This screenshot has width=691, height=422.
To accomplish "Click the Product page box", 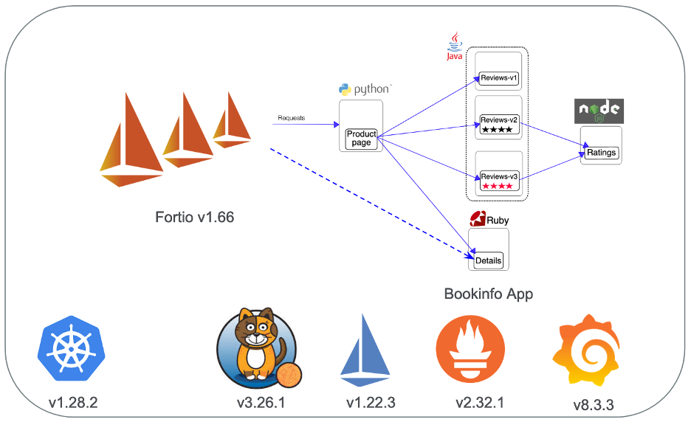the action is [x=361, y=138].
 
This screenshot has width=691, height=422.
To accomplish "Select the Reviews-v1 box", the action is [x=498, y=78].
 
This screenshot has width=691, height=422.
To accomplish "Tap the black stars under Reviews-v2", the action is [x=497, y=130].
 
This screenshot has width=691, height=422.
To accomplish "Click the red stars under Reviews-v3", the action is [x=498, y=186].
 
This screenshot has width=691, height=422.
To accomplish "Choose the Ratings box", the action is [x=601, y=153].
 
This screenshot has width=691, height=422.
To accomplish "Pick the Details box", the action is [x=488, y=260].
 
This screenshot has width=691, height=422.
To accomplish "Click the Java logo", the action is [x=455, y=46].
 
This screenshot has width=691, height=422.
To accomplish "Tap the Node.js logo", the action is [x=599, y=111].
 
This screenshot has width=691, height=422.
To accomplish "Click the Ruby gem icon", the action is [x=478, y=218].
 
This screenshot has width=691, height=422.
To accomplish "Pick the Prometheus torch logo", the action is [x=470, y=349].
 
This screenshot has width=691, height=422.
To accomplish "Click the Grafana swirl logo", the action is [x=587, y=350].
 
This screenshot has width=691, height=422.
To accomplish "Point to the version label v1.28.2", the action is [x=73, y=403].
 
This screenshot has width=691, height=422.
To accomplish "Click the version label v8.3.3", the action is [x=593, y=405].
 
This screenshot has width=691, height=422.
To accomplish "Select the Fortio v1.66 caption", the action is [x=194, y=217].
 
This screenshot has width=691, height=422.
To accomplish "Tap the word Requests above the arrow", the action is [x=292, y=118].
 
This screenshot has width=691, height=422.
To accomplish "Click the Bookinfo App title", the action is [x=488, y=294].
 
